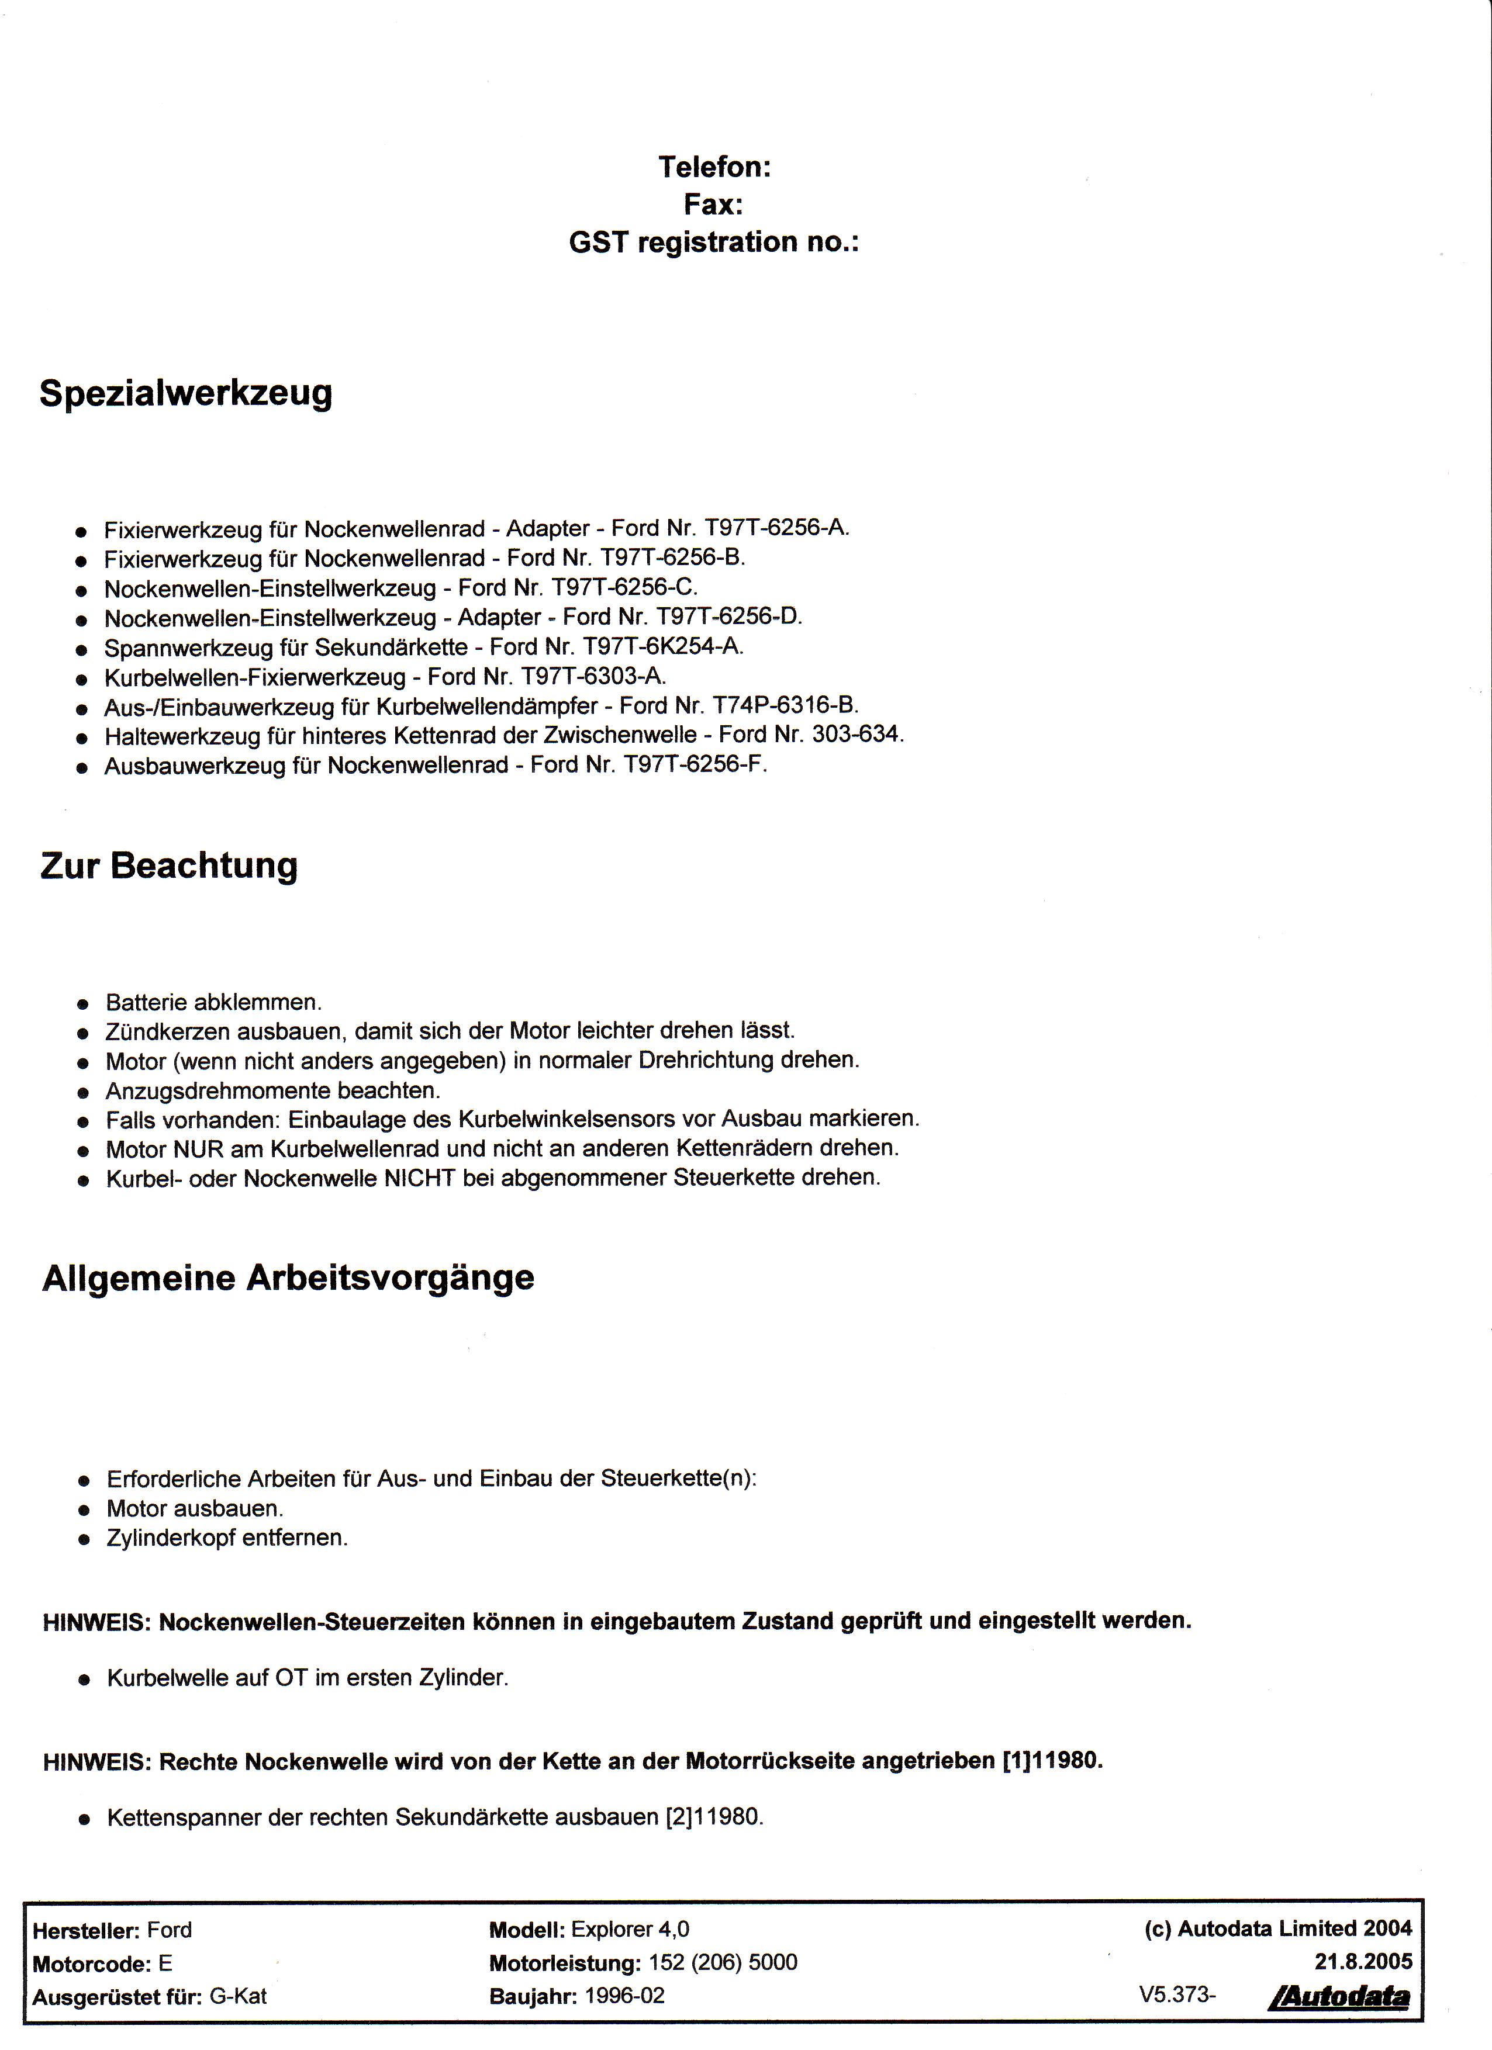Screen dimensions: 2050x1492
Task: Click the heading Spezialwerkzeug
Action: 185,394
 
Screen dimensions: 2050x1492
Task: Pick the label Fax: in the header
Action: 713,205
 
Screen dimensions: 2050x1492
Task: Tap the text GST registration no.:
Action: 713,243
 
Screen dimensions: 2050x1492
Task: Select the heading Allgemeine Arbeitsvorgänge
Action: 288,1278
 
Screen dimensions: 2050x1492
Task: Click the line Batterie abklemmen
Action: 213,1002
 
